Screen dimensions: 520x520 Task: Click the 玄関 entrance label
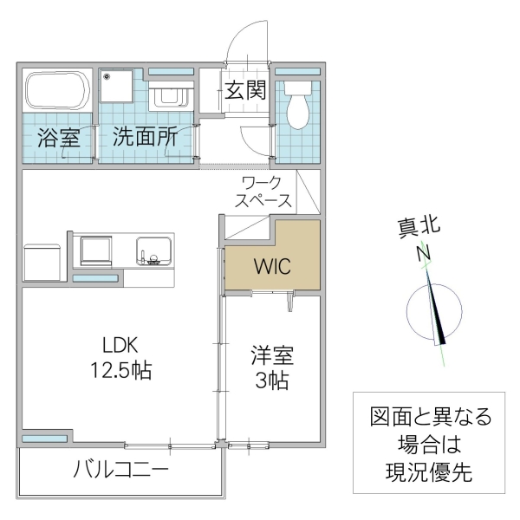(x=246, y=90)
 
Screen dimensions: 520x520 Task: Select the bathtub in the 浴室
(x=56, y=91)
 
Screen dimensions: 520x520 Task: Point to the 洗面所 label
(x=145, y=137)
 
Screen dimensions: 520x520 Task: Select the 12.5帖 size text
(x=121, y=370)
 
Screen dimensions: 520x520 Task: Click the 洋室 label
(x=272, y=355)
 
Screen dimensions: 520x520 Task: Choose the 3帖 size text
(x=272, y=381)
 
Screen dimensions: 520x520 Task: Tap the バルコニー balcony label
(x=120, y=470)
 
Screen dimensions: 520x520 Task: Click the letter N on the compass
(x=425, y=253)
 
